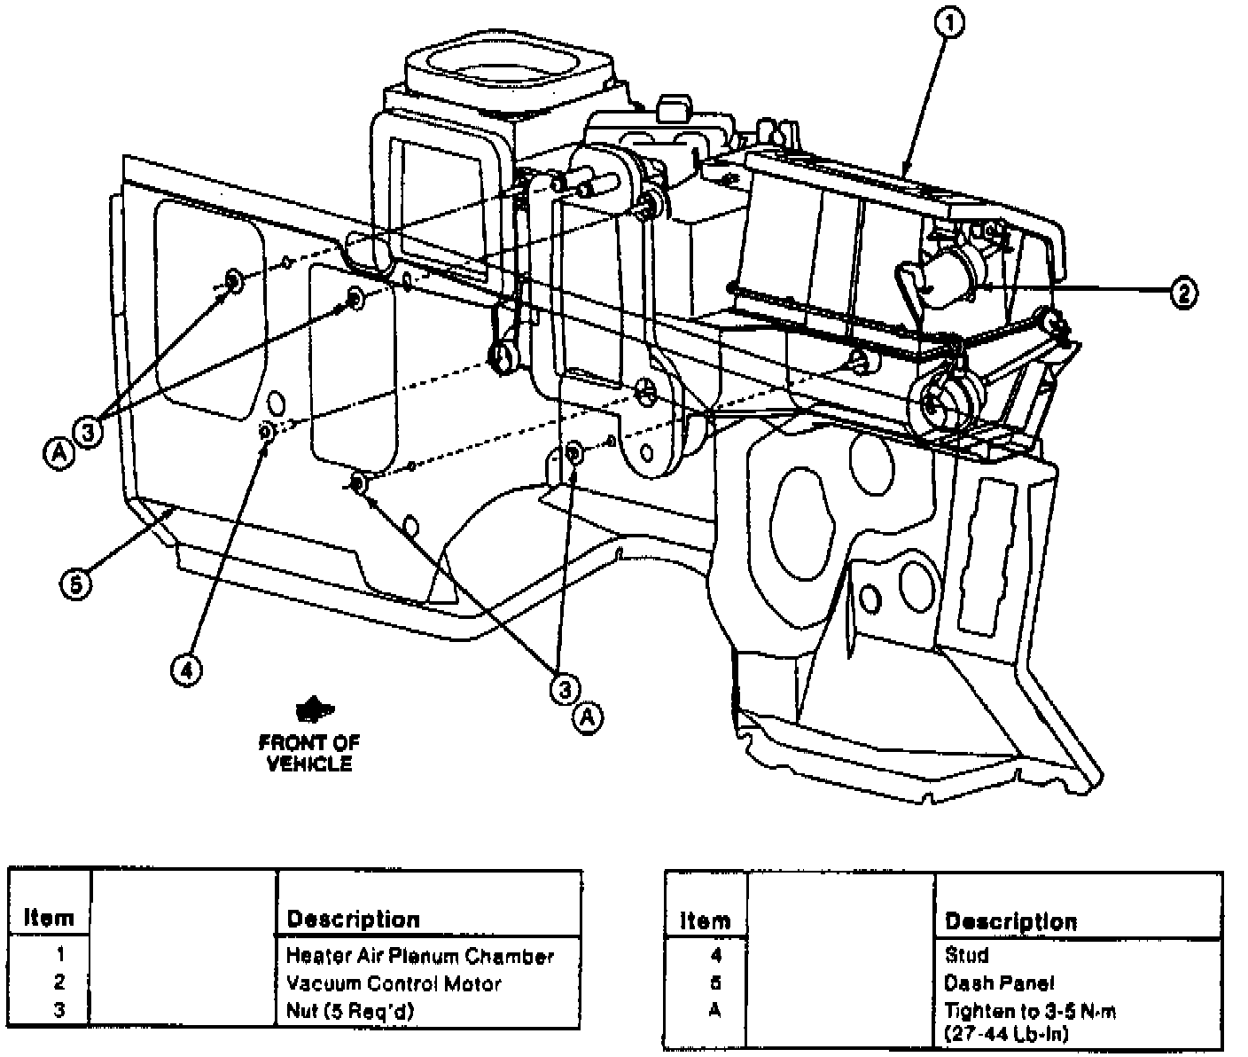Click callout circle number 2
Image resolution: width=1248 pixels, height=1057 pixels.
point(1183,292)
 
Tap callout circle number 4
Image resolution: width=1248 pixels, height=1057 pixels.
point(186,669)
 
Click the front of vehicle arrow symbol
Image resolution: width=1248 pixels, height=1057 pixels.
point(311,710)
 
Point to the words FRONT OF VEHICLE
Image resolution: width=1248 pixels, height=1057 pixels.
point(309,753)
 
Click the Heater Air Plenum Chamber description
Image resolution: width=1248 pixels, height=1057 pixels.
point(419,956)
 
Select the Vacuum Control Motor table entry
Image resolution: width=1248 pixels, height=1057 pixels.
point(394,983)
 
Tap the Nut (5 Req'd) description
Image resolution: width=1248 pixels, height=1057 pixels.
point(350,1011)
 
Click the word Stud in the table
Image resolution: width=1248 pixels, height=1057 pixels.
point(966,956)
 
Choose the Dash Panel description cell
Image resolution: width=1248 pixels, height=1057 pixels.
point(999,983)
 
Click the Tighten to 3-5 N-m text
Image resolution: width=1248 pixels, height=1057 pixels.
point(1030,1012)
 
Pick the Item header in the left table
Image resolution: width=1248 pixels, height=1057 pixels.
point(49,918)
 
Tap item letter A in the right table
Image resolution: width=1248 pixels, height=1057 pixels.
point(715,1011)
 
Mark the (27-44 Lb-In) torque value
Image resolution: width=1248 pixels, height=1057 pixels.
point(1006,1033)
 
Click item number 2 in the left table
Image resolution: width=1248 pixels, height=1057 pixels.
point(59,983)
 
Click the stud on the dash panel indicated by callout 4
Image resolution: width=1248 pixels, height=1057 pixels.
point(265,431)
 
